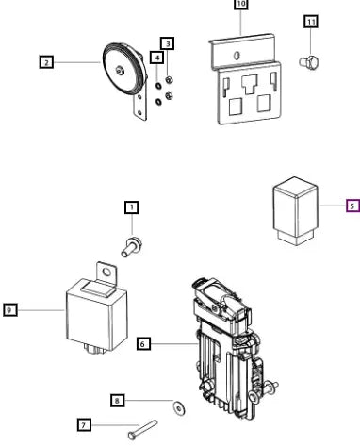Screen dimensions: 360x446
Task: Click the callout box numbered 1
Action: click(132, 207)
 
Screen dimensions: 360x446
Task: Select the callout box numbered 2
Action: click(46, 62)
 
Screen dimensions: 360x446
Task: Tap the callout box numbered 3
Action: click(168, 43)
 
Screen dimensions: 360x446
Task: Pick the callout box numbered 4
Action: click(157, 58)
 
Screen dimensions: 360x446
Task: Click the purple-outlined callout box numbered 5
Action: click(352, 206)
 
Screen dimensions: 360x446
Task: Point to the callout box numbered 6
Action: click(143, 343)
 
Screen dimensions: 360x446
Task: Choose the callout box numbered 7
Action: click(84, 425)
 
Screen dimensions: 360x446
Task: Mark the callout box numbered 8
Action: click(118, 401)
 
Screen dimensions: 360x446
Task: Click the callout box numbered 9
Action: click(10, 310)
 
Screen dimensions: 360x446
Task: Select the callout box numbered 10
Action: click(241, 4)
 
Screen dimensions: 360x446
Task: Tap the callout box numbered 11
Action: click(311, 22)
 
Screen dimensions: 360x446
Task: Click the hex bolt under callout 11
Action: click(309, 61)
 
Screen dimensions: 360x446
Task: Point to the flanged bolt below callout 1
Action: click(132, 247)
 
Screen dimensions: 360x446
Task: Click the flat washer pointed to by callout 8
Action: click(179, 408)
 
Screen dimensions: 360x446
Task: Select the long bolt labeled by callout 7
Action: click(143, 430)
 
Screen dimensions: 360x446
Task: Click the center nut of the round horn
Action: click(120, 71)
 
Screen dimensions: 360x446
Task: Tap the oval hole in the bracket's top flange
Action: click(237, 56)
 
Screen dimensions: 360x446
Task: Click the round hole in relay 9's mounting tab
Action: click(107, 272)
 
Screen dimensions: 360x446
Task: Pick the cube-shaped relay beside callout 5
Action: click(295, 211)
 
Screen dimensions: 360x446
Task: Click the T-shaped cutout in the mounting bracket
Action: click(250, 84)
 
